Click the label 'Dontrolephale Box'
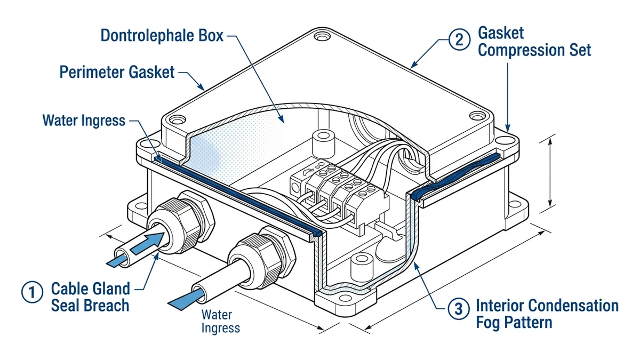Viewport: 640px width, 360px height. point(163,36)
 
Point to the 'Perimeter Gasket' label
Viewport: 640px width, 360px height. point(117,72)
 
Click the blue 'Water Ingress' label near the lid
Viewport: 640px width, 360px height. point(84,121)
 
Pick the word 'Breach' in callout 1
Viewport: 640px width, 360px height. point(108,306)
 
